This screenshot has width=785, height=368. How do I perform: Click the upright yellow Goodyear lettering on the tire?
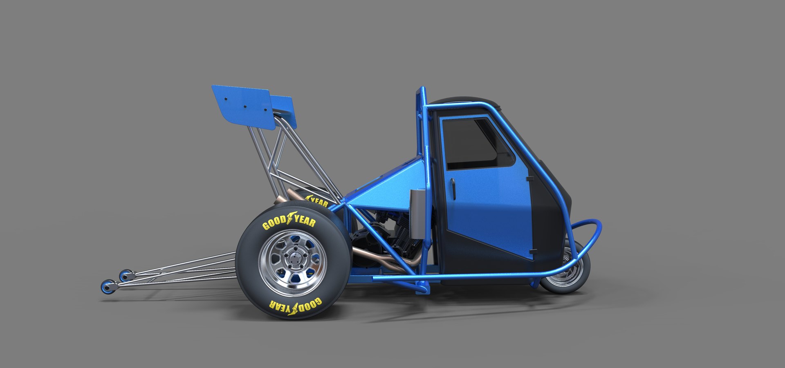289,221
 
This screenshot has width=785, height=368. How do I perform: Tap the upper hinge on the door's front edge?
530,178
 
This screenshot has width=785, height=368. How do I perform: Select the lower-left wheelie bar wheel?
108,287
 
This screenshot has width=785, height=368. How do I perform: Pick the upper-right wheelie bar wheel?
126,276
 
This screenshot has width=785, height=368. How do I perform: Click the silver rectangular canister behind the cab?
418,214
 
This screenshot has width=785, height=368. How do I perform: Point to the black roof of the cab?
462,101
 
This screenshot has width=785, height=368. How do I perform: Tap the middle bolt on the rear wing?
245,106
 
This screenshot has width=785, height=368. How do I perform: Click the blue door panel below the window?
487,204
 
